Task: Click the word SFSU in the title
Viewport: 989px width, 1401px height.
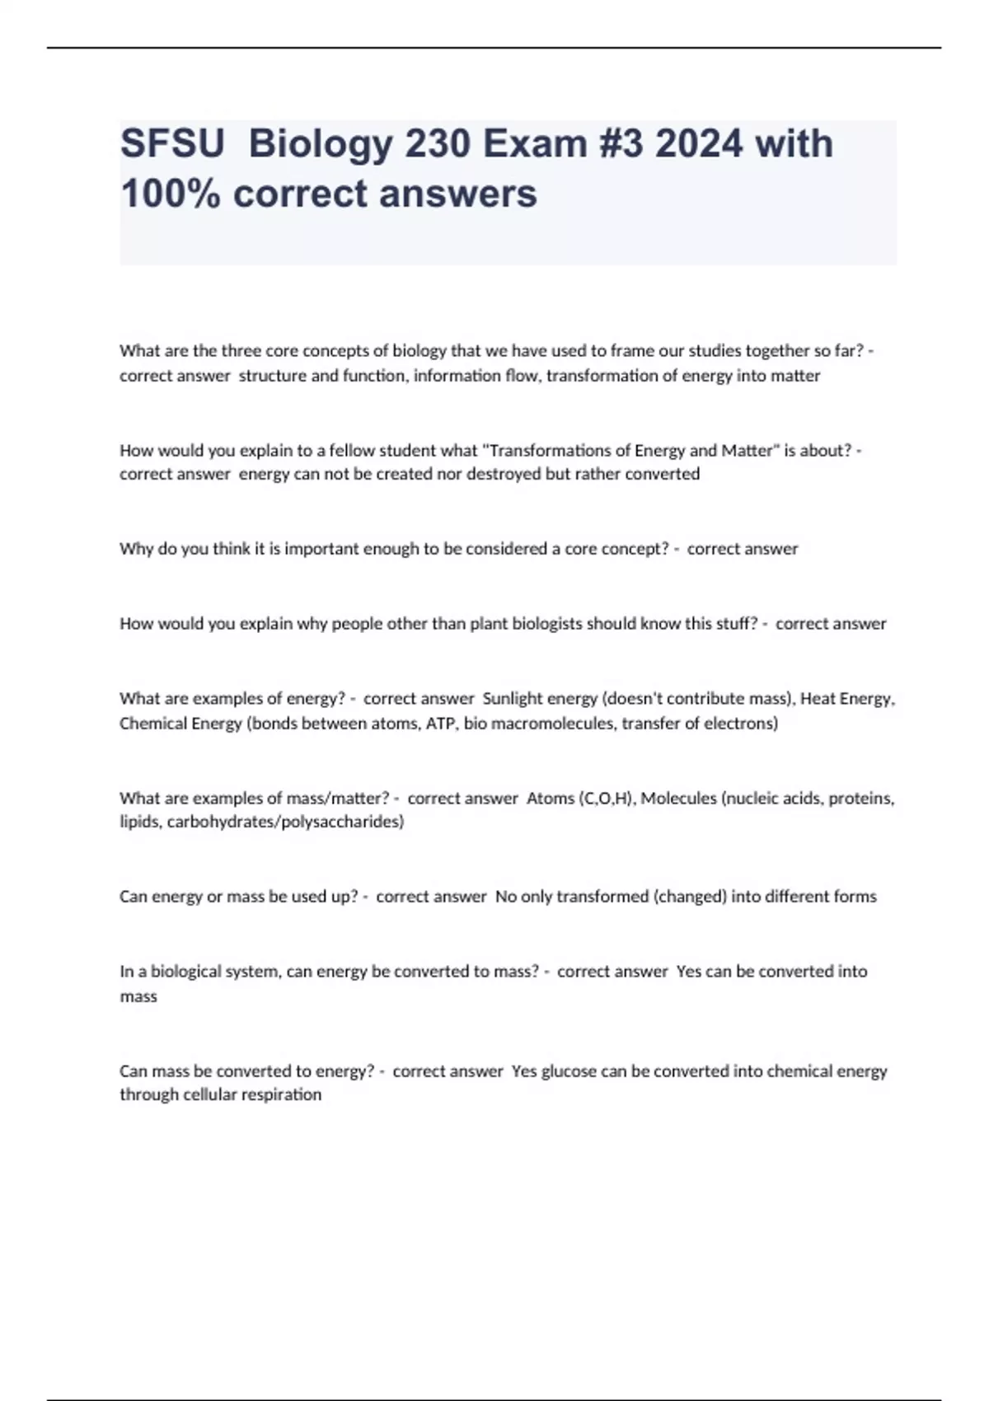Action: point(172,144)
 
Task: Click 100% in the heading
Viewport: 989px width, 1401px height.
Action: point(170,194)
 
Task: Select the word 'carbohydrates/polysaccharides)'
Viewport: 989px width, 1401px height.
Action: point(285,822)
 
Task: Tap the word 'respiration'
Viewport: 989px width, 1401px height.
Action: point(281,1095)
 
